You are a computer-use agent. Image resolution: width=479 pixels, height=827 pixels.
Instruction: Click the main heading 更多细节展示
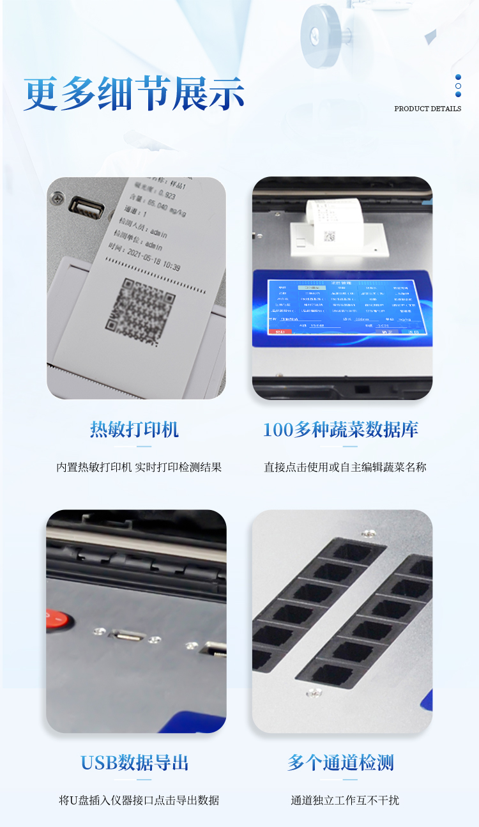click(134, 94)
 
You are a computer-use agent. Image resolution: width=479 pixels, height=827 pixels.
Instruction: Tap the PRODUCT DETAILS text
click(427, 109)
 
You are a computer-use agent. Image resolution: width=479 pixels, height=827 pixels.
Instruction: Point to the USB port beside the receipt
click(87, 207)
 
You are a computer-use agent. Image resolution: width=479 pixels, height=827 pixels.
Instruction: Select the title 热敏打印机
click(135, 429)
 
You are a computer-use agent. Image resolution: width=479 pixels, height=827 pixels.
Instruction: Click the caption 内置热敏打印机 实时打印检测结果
click(139, 467)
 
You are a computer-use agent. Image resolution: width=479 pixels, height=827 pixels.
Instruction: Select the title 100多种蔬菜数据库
click(341, 429)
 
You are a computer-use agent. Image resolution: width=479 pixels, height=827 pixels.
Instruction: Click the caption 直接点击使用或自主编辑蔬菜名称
click(345, 467)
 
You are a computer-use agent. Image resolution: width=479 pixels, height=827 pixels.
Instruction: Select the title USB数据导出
click(135, 762)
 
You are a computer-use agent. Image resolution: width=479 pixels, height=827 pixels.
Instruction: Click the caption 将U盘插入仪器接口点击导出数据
click(139, 800)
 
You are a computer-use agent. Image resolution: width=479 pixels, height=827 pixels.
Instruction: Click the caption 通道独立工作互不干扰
click(345, 800)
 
